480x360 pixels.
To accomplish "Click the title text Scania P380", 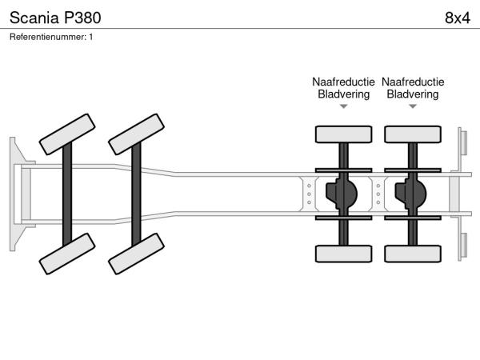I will point(55,17).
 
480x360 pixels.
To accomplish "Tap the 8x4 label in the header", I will point(456,17).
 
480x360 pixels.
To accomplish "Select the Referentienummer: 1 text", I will point(51,37).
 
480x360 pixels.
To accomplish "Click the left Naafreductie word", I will point(343,82).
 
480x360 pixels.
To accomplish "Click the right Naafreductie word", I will point(413,82).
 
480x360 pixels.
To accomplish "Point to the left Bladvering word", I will point(343,94).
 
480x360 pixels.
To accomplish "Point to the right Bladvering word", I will point(413,94).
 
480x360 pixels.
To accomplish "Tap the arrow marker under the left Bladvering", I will point(343,106).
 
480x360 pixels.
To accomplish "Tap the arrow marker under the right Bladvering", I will point(413,106).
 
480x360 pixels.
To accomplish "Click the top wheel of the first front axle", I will point(66,134).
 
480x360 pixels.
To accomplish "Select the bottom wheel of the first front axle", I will point(66,255).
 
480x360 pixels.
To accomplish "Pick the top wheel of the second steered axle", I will point(136,134).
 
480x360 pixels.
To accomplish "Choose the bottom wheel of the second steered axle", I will point(136,255).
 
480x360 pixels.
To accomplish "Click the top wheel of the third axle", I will point(343,133).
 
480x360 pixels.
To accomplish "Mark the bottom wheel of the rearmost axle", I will point(413,254).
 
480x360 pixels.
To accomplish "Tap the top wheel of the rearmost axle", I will point(413,133).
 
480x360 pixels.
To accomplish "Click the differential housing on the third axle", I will point(345,193).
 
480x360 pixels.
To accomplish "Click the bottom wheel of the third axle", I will point(343,254).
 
